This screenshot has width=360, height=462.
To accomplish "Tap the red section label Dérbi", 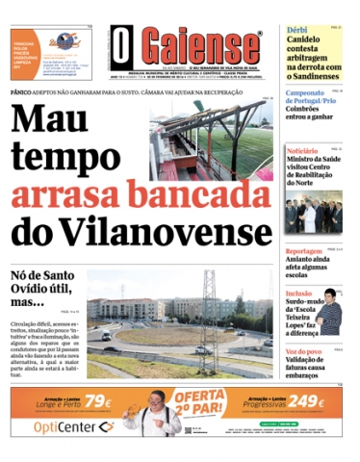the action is [296, 31].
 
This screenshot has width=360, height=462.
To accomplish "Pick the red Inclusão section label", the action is [298, 294].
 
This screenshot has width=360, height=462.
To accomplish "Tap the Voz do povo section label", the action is [304, 352].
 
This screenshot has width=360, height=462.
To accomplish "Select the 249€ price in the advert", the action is [306, 402].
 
